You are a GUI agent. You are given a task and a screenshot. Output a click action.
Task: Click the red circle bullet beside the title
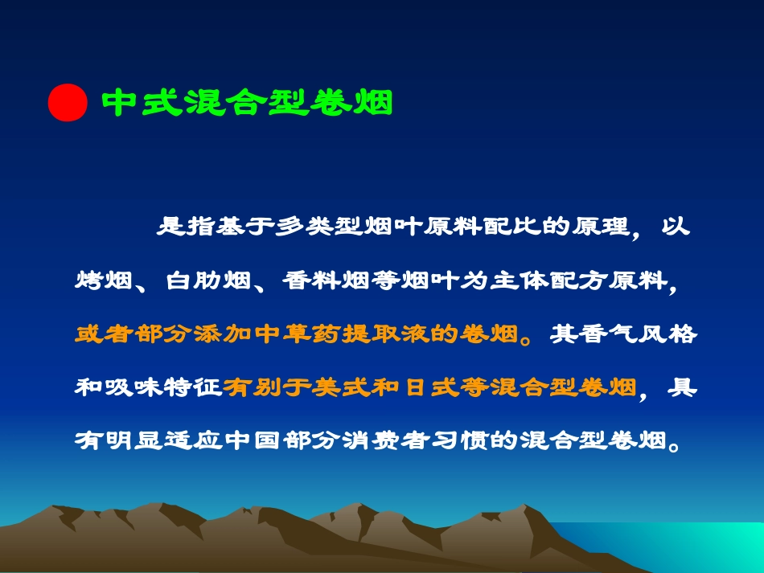(67, 102)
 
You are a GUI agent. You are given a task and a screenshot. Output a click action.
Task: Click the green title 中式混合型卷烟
(248, 103)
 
